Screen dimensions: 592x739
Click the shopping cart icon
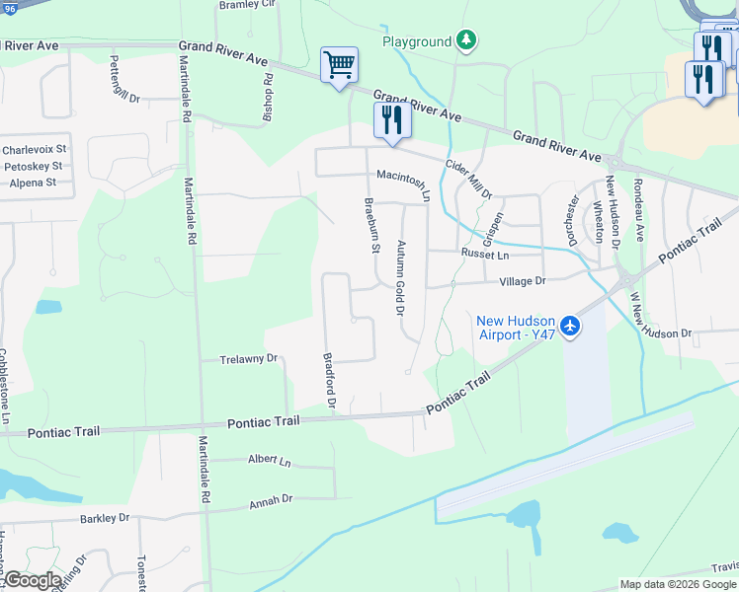click(339, 65)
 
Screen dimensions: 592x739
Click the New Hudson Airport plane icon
click(569, 326)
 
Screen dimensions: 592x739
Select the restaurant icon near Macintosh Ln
click(392, 120)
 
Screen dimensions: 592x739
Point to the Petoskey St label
click(33, 167)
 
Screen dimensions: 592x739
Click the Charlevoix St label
click(33, 150)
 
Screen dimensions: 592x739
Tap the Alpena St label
click(30, 183)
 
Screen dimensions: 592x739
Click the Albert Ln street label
click(270, 461)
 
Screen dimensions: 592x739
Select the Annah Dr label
click(274, 499)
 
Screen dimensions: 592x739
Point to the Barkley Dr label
click(105, 517)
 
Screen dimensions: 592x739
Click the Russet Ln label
click(484, 254)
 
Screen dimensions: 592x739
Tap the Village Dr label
click(523, 281)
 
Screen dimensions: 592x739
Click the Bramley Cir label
click(248, 5)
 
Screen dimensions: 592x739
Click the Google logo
click(33, 580)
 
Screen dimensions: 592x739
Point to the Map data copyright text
click(677, 584)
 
